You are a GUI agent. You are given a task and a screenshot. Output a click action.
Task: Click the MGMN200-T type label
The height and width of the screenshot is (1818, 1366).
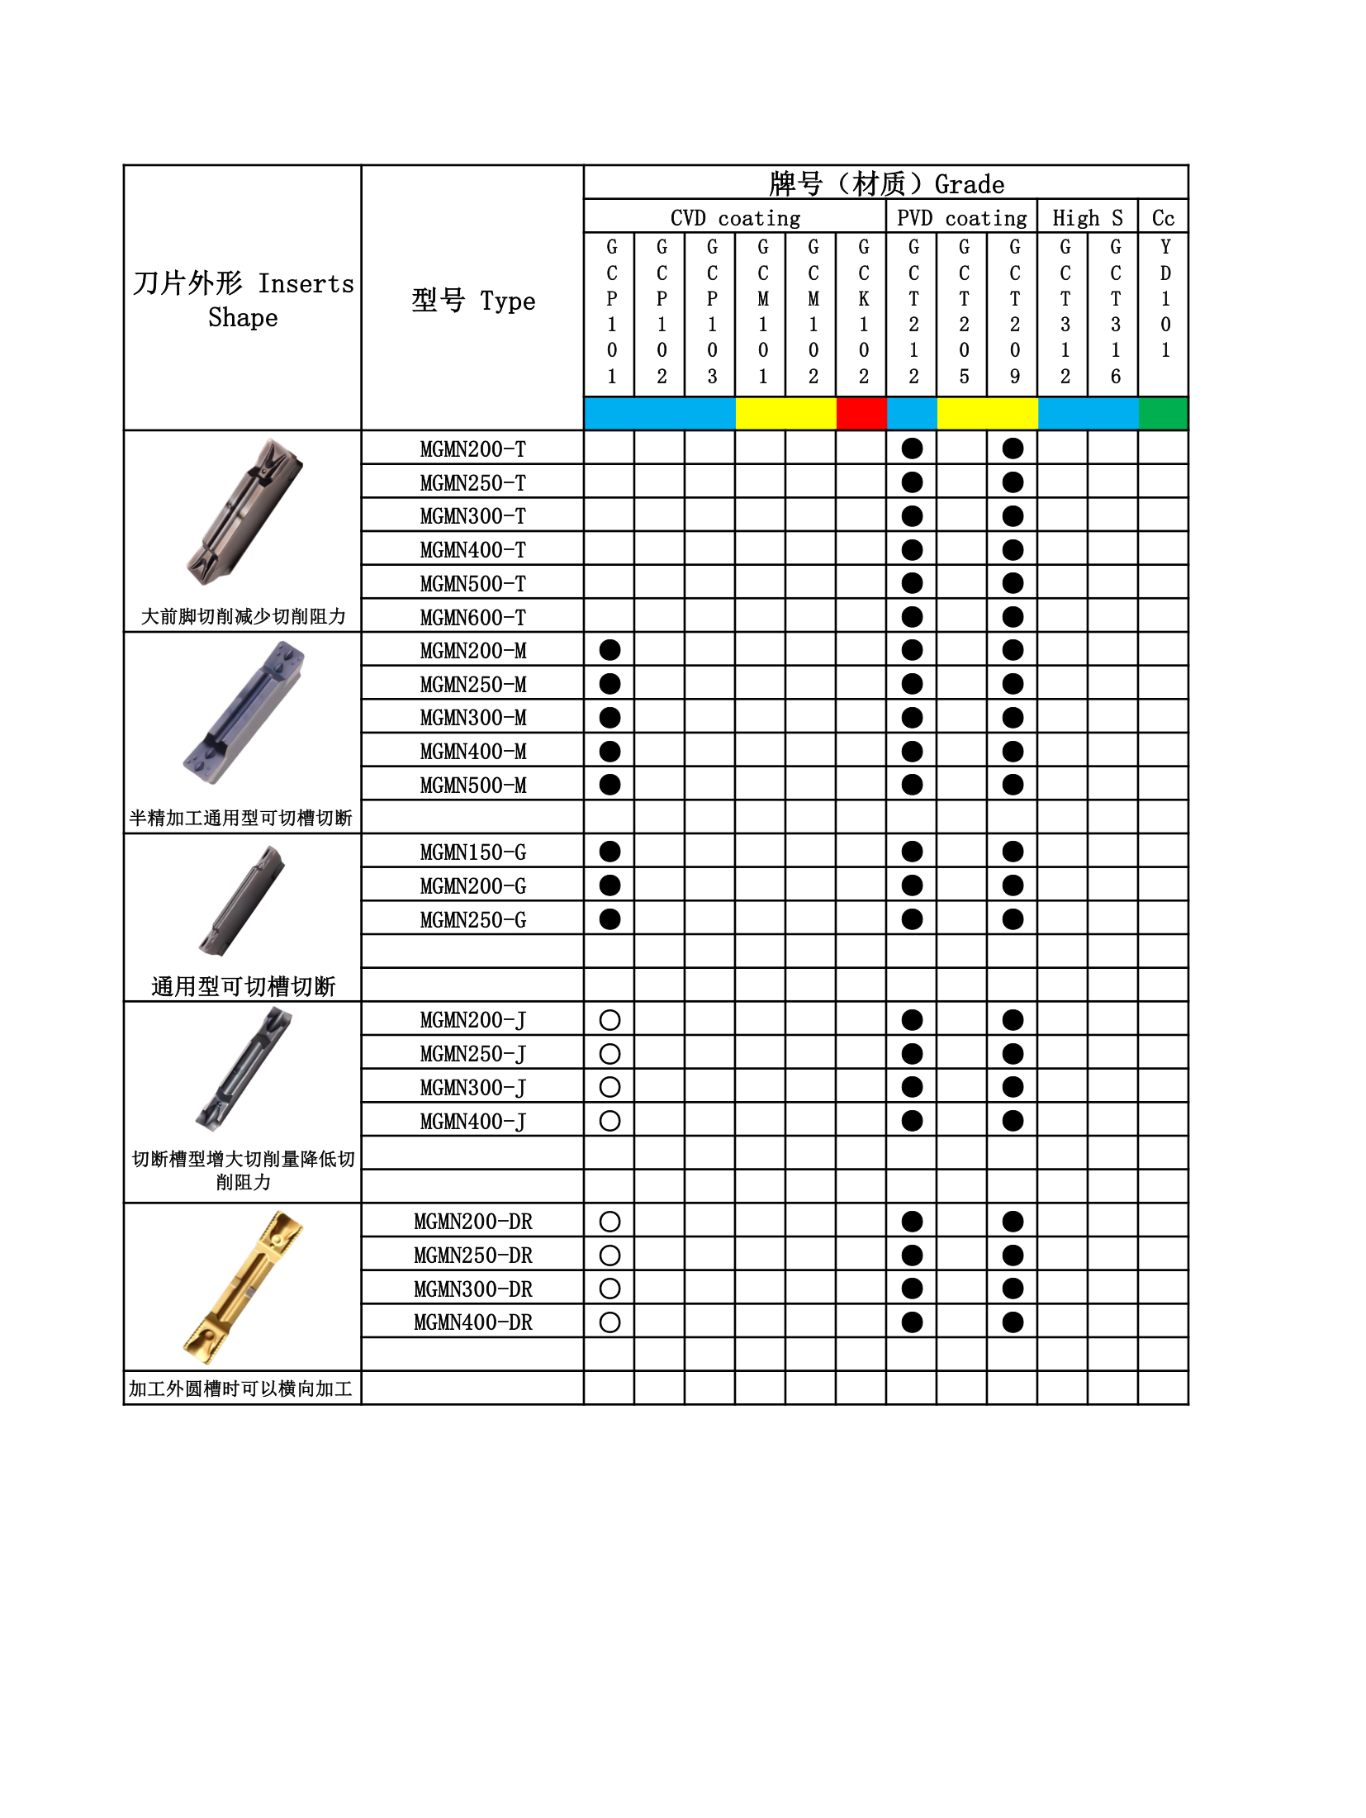(472, 449)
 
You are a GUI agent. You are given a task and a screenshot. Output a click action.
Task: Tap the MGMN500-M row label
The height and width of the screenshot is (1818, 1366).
(472, 786)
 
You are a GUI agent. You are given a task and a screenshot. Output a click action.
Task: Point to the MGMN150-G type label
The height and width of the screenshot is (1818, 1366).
(472, 852)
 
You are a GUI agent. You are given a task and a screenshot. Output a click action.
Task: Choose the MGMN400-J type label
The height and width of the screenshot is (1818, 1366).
(472, 1122)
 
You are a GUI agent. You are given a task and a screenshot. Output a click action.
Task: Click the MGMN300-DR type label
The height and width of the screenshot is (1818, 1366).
(472, 1289)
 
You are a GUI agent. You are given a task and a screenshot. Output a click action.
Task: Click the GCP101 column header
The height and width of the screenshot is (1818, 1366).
(611, 311)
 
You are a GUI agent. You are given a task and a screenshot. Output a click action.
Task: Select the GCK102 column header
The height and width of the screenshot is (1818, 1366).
(863, 311)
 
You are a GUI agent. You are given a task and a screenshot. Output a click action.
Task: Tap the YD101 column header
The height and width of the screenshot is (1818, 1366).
(1164, 298)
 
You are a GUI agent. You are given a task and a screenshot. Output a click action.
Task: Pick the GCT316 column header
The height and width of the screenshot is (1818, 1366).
(1115, 311)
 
